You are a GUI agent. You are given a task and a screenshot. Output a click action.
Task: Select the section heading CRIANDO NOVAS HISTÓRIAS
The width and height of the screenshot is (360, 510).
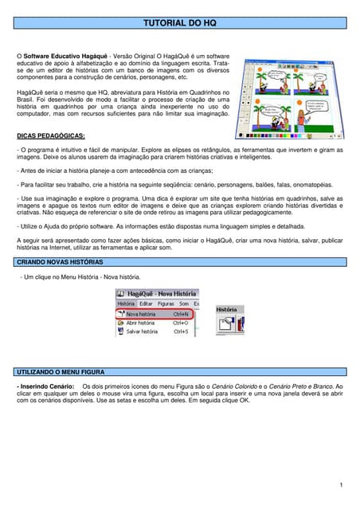coord(60,261)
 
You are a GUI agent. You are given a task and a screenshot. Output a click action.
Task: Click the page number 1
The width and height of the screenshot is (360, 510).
coord(340,484)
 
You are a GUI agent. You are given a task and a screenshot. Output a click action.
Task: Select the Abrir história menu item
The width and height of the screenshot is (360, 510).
coord(141,323)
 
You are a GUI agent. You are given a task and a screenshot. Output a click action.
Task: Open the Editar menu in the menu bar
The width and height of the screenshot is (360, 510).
coord(146,304)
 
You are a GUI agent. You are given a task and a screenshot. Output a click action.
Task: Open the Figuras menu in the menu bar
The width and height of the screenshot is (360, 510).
coord(166,304)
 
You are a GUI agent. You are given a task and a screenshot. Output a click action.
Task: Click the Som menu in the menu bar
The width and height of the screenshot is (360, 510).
coord(183,304)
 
